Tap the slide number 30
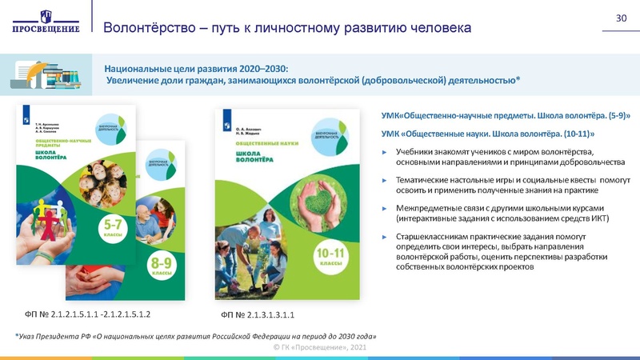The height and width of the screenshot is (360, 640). coord(620,18)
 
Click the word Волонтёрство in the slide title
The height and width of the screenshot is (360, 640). coord(150,28)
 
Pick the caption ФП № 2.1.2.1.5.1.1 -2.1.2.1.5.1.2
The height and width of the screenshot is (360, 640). coord(89,314)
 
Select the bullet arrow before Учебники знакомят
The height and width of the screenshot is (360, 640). coord(385,152)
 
